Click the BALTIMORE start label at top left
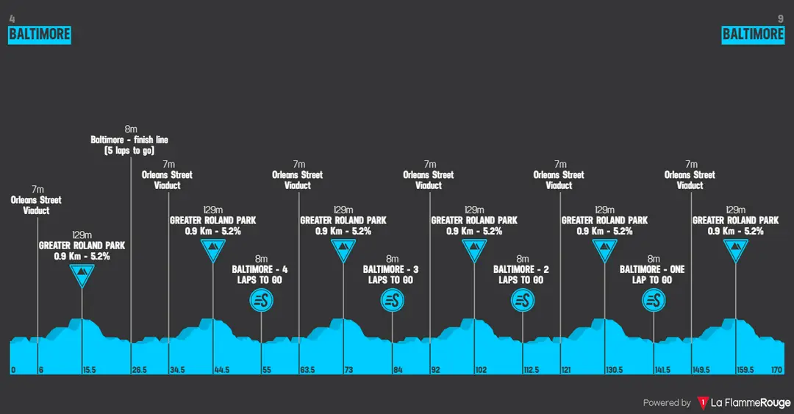click(x=40, y=35)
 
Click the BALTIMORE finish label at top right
click(x=753, y=35)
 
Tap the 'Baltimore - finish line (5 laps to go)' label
click(x=129, y=145)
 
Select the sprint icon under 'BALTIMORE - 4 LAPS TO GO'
click(x=261, y=301)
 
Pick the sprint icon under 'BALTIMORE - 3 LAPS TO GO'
click(x=393, y=301)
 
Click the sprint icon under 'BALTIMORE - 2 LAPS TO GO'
click(x=523, y=301)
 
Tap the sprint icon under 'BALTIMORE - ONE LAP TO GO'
click(x=654, y=301)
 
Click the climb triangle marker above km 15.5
click(x=82, y=275)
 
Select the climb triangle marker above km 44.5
click(x=213, y=250)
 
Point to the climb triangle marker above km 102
click(x=474, y=250)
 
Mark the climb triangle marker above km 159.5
click(x=736, y=250)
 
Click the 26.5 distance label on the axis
click(x=139, y=370)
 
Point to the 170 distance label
click(x=777, y=370)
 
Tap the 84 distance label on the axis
click(x=398, y=370)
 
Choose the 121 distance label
click(x=566, y=370)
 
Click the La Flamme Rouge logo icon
click(x=703, y=403)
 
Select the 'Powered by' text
click(x=667, y=403)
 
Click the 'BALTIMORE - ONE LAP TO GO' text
click(x=652, y=274)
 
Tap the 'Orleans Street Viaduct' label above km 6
click(x=37, y=205)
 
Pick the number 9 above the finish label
click(x=780, y=19)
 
